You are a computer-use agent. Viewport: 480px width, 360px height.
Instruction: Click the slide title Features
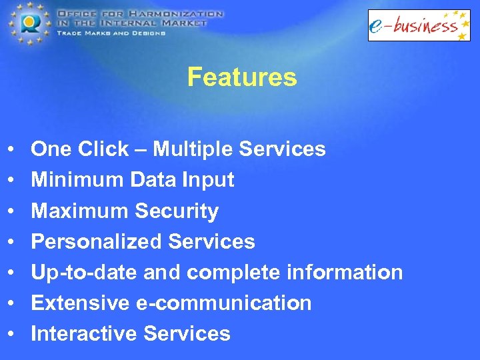click(x=241, y=77)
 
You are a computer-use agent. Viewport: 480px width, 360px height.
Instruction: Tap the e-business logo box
click(x=419, y=25)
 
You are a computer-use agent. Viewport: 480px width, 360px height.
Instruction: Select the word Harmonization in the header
click(x=181, y=13)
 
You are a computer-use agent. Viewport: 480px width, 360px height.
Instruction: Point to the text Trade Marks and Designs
click(x=111, y=33)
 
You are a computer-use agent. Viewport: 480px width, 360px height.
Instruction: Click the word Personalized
click(x=97, y=241)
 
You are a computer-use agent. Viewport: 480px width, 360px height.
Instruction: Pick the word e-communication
click(x=223, y=303)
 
